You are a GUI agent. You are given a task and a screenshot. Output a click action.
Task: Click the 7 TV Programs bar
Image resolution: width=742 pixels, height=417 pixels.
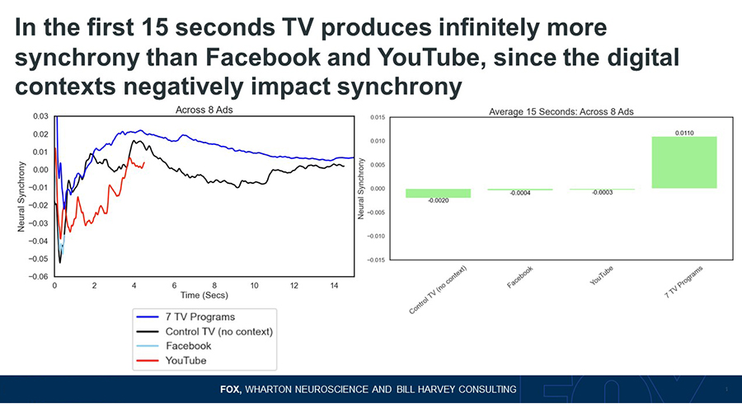683,162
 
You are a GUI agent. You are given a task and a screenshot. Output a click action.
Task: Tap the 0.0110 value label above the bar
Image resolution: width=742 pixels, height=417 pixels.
684,133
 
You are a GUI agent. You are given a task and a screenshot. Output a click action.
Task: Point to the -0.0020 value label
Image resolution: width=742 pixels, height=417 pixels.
439,200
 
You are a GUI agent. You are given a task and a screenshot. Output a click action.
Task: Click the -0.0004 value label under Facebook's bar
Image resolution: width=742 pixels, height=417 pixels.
520,194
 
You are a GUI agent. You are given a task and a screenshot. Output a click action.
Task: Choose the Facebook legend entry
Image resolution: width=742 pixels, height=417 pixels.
174,345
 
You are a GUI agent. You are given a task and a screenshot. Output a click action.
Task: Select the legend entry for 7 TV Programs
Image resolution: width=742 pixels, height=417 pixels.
185,316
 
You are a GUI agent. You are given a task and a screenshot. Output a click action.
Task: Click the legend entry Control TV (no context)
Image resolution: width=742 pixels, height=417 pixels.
204,331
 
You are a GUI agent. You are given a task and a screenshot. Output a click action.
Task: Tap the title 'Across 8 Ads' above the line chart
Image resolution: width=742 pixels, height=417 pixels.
204,110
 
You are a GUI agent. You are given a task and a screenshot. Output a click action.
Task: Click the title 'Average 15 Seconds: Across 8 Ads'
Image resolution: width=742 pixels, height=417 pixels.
561,111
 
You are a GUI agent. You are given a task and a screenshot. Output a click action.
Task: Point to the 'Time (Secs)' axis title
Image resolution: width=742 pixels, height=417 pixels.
204,295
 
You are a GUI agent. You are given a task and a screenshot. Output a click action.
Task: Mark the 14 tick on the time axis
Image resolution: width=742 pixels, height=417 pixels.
334,286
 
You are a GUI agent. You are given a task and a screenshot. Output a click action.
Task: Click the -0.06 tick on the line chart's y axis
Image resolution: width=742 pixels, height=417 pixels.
40,277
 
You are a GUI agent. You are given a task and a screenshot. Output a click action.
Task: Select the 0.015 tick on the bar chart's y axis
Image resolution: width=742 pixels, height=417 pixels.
378,117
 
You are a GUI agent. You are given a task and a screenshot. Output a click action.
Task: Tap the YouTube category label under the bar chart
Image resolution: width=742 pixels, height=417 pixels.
602,275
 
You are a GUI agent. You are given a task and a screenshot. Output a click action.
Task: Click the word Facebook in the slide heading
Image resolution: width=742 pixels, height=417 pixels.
263,57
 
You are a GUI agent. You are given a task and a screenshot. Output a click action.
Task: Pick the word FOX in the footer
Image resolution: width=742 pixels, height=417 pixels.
231,390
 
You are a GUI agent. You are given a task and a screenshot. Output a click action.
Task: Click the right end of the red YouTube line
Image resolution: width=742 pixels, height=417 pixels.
144,163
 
